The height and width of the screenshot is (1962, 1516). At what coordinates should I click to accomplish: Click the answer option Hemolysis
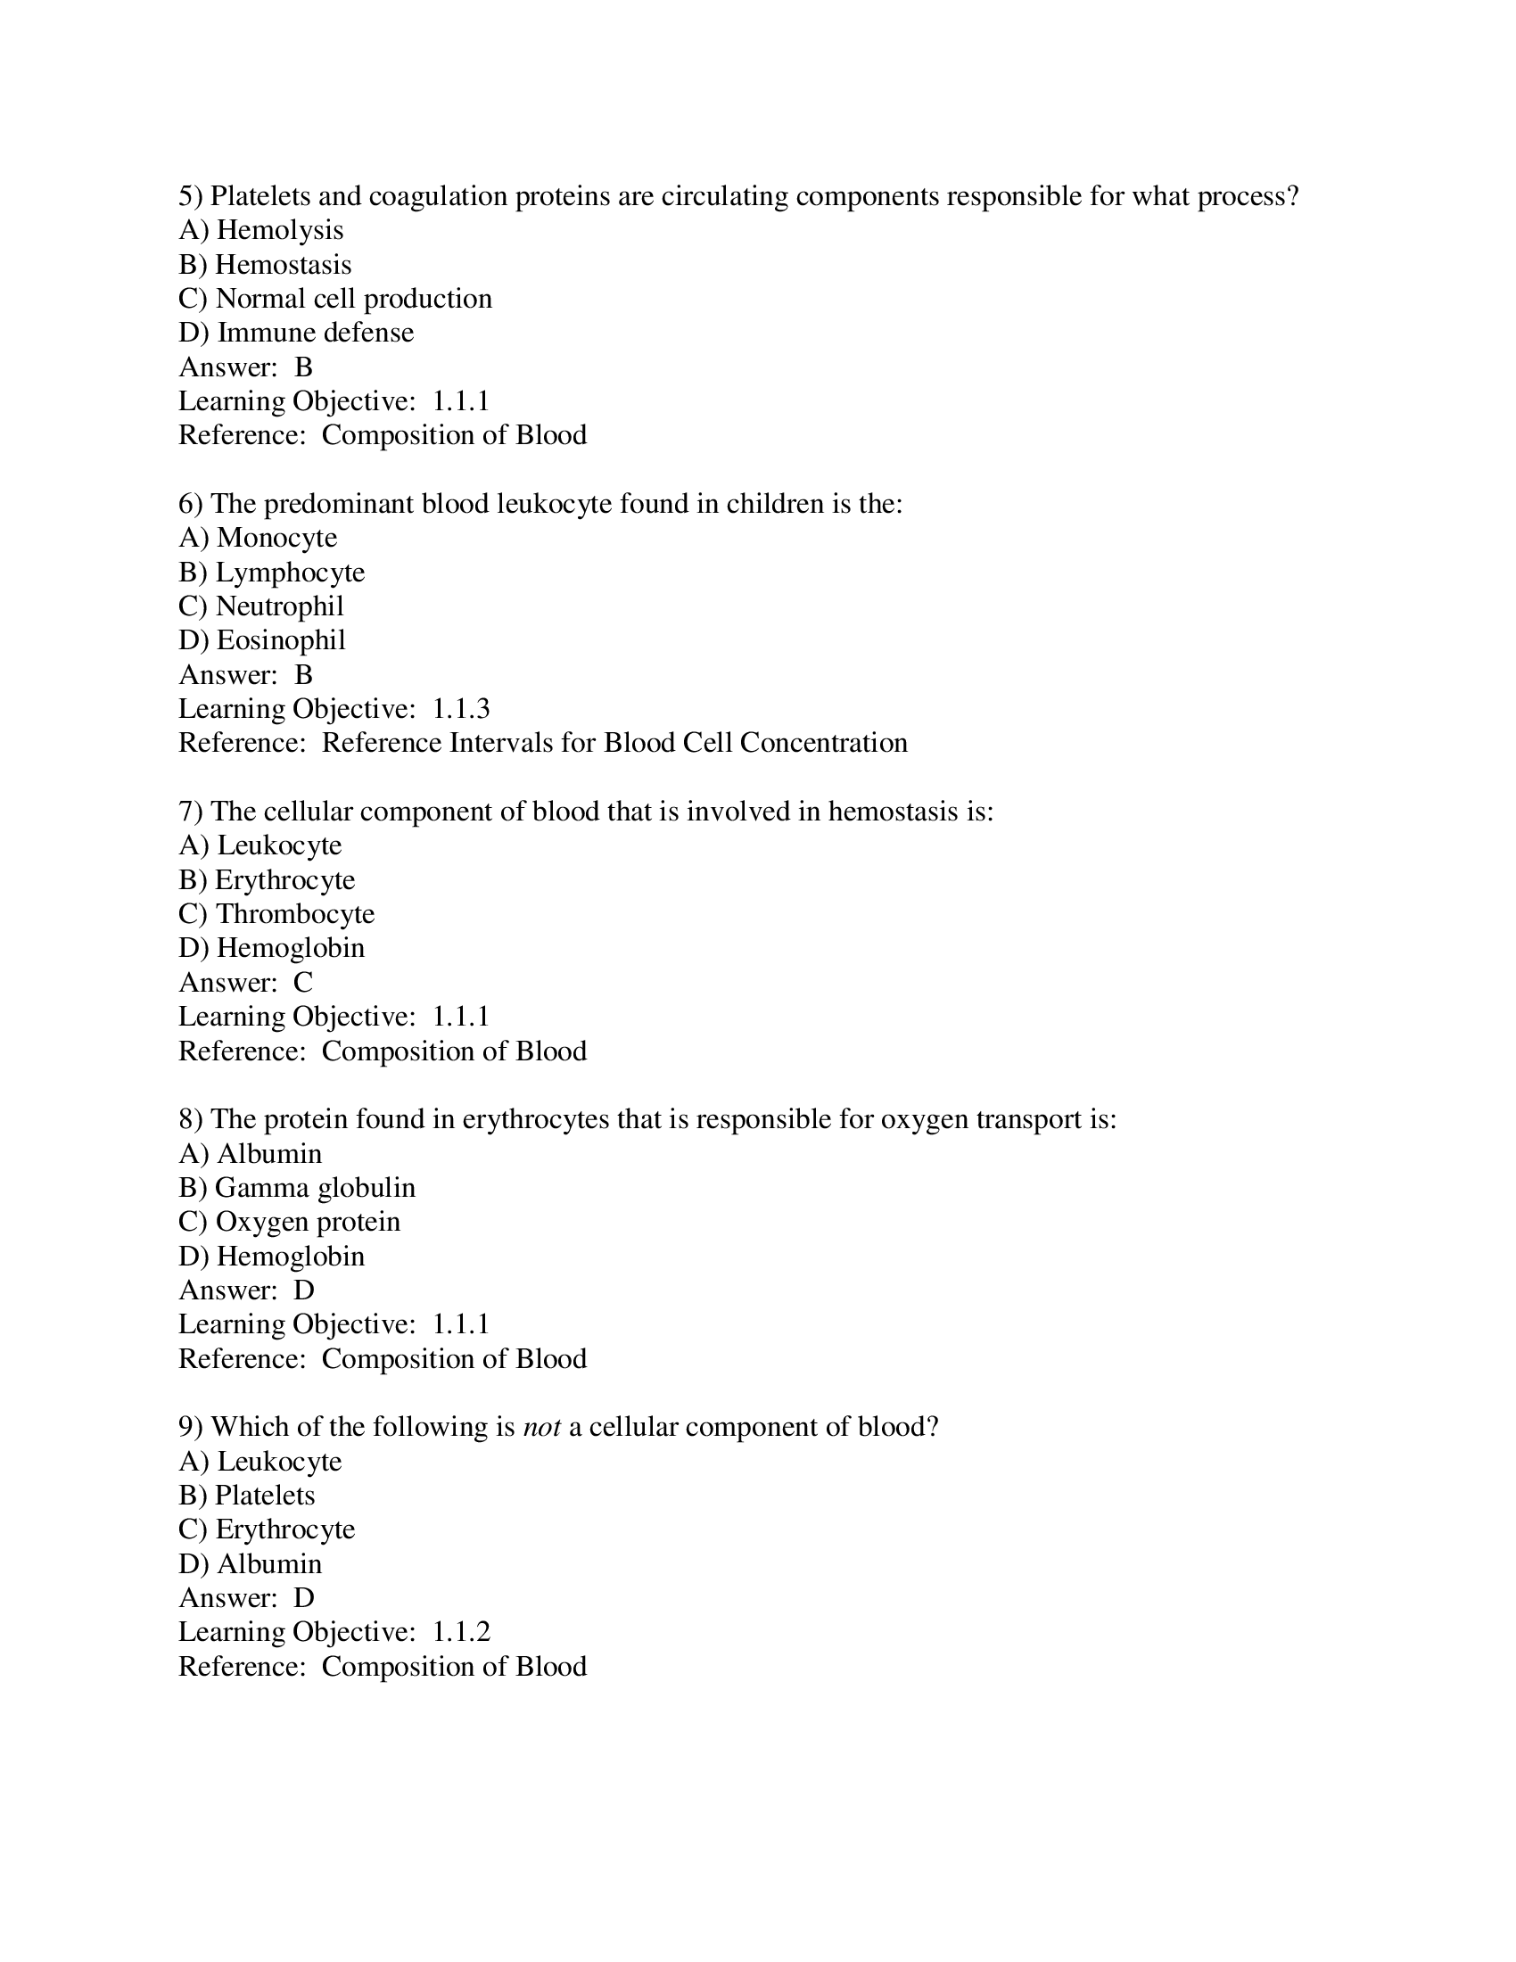(261, 231)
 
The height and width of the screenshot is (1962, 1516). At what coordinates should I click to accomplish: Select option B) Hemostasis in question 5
(265, 265)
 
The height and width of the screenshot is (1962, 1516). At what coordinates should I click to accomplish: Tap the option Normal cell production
(335, 299)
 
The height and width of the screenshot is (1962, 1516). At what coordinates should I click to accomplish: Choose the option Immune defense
(296, 334)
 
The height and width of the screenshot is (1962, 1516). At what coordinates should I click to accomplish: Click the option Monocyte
(258, 538)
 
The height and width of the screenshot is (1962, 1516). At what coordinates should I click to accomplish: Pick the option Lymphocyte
(271, 573)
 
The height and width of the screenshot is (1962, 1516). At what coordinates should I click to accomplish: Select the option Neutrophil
(261, 606)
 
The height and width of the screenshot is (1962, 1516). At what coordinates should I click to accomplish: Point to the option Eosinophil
(262, 640)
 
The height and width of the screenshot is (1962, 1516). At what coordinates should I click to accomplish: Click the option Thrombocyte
(276, 914)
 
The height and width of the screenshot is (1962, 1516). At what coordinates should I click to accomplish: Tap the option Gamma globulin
(296, 1189)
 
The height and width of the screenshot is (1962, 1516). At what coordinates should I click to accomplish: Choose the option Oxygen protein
(289, 1223)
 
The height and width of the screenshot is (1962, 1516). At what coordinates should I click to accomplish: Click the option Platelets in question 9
(247, 1496)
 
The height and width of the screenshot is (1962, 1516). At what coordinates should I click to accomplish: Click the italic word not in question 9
(541, 1428)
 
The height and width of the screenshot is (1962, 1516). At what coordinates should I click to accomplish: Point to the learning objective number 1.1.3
(461, 710)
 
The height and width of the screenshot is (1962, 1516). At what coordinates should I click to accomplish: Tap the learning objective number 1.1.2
(461, 1632)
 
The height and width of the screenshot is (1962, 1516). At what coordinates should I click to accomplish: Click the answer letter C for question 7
(302, 983)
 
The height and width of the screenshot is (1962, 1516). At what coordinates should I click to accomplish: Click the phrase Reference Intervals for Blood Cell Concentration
(614, 744)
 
